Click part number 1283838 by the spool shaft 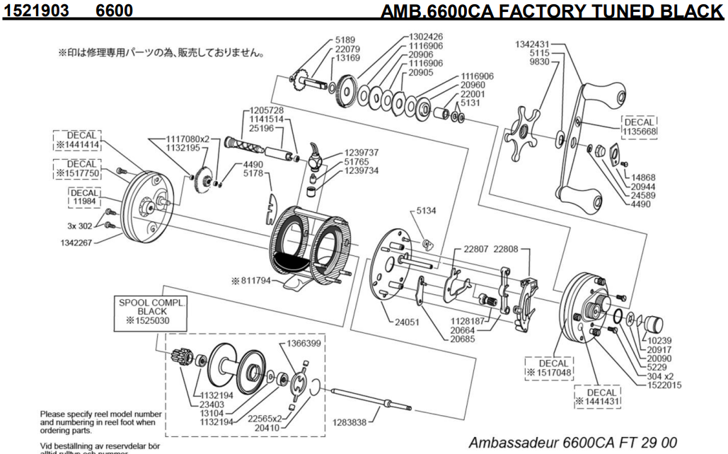click(x=349, y=422)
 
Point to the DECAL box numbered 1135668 click(x=640, y=127)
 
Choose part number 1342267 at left click(x=73, y=241)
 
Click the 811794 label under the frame click(x=253, y=281)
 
